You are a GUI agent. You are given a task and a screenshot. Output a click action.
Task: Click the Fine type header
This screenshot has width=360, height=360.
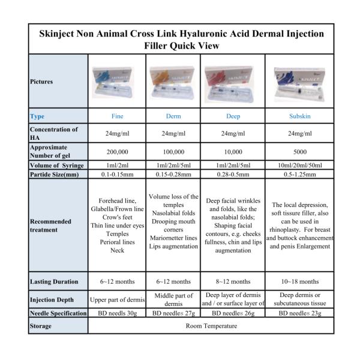[x=117, y=116]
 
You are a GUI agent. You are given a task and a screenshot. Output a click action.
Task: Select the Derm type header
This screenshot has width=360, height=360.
[x=173, y=116]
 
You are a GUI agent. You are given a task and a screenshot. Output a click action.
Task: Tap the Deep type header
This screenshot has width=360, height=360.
[x=232, y=116]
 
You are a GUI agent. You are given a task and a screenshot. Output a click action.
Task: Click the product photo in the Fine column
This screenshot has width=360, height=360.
[x=117, y=82]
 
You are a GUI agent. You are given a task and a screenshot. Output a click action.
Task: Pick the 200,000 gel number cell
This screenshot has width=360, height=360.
[x=117, y=151]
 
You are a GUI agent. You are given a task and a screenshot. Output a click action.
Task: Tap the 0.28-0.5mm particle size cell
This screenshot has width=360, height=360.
[x=232, y=175]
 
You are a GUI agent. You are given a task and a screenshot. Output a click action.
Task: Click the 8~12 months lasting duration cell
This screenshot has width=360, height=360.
[x=232, y=281]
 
